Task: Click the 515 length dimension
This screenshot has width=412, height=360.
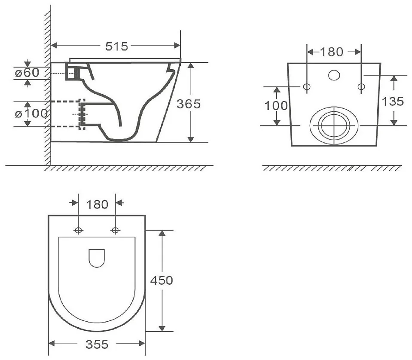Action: point(116,46)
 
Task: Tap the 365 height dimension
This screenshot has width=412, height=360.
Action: point(189,104)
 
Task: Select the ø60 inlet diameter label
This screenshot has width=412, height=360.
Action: point(27,73)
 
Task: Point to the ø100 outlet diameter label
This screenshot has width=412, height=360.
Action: point(31,114)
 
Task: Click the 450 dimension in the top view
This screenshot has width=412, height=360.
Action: point(162,280)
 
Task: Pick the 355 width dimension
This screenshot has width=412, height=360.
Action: point(97,344)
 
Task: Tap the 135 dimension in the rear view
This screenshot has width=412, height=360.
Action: point(392,101)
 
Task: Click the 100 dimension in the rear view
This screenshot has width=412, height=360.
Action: point(276,106)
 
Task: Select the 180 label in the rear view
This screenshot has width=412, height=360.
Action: point(332,52)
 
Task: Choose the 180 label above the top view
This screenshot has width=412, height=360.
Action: point(97,204)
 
